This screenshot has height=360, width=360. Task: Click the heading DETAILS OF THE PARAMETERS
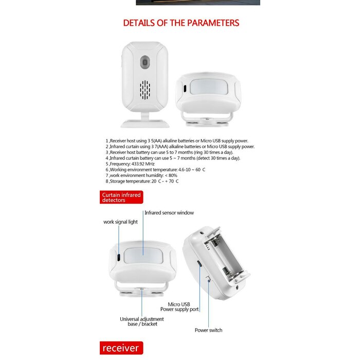click(x=181, y=23)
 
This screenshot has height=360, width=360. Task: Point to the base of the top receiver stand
click(x=145, y=123)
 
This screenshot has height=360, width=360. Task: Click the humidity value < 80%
click(x=175, y=175)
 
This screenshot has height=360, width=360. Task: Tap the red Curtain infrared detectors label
click(x=121, y=197)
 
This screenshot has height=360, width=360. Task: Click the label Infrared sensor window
click(x=169, y=212)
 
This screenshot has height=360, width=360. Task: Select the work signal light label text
click(x=120, y=222)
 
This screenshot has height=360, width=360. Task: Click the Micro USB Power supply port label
click(x=179, y=307)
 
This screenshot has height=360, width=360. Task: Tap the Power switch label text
click(x=208, y=330)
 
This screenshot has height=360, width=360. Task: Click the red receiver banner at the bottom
click(x=120, y=348)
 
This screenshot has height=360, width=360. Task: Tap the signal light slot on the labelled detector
click(x=118, y=257)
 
